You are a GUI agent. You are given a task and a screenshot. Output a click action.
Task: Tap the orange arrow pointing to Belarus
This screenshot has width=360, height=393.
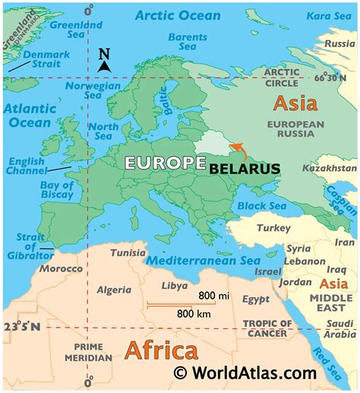tap(238, 150)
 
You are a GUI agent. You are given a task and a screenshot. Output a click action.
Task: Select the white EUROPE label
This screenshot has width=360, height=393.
tap(165, 163)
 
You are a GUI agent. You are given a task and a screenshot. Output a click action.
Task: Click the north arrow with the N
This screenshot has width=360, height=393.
tap(105, 60)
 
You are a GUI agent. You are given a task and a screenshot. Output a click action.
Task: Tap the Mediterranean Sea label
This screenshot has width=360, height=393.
tap(203, 260)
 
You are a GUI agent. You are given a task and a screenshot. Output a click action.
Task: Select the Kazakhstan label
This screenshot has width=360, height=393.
tap(329, 167)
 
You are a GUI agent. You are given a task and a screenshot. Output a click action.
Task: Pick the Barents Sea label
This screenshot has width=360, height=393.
tap(188, 42)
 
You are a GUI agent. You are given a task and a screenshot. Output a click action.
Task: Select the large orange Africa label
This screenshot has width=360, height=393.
tap(160, 351)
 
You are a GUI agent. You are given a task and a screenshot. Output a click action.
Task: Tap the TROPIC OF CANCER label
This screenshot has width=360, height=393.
tap(265, 328)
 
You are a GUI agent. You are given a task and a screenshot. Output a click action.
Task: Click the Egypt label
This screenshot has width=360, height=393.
tap(256, 300)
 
